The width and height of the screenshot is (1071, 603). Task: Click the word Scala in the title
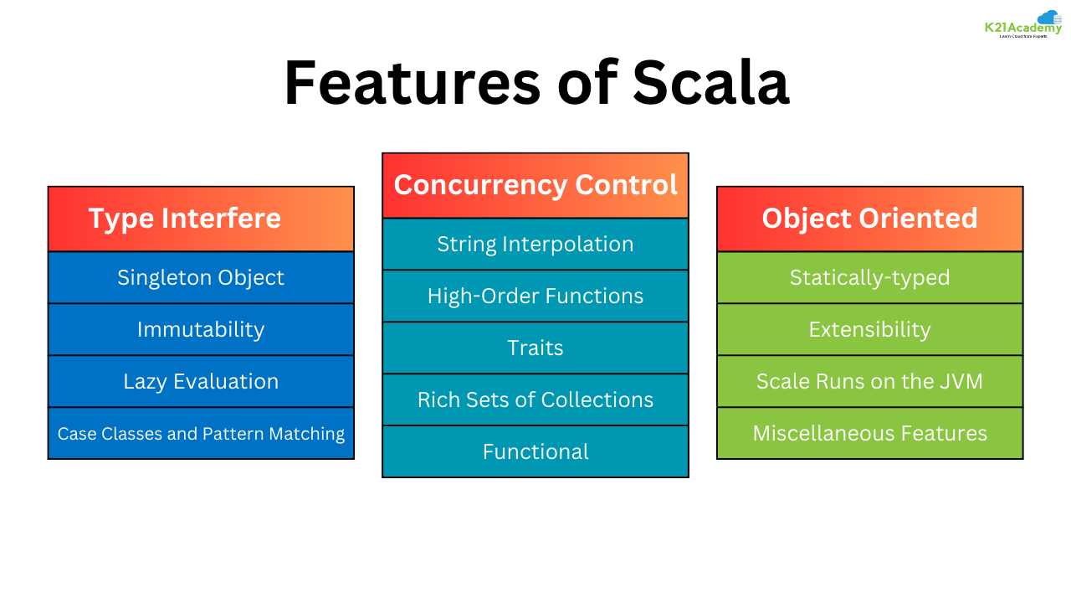(710, 84)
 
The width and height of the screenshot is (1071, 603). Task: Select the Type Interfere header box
(201, 219)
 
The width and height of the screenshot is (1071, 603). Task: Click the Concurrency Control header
(535, 185)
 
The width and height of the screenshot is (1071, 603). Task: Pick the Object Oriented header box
(870, 219)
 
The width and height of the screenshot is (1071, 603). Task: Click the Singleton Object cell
(201, 277)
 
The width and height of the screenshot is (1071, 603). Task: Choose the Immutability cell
(201, 329)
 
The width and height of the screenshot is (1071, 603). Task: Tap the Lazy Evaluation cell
(201, 381)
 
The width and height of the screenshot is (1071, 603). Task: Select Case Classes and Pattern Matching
(201, 433)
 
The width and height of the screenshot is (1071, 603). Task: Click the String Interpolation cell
(535, 244)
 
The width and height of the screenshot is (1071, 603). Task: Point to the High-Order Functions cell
(535, 296)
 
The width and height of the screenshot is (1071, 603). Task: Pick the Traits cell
(535, 348)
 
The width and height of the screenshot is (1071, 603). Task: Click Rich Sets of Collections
(535, 399)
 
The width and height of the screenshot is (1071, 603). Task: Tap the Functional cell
(535, 451)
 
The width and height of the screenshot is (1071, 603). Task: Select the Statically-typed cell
(870, 277)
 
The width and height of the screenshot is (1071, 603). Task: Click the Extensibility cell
(870, 329)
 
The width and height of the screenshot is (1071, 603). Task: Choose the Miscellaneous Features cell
(870, 433)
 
